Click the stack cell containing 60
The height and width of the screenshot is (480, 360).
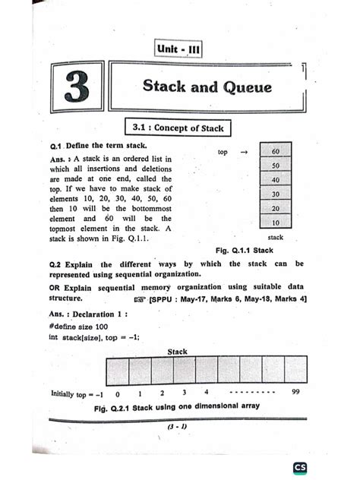pyautogui.click(x=275, y=151)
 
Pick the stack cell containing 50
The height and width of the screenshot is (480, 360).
pyautogui.click(x=275, y=166)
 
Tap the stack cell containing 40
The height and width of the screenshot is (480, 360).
pyautogui.click(x=275, y=180)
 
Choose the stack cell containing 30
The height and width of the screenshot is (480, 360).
pyautogui.click(x=275, y=194)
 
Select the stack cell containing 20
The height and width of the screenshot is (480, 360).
pyautogui.click(x=275, y=209)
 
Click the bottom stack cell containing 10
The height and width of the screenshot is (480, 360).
pyautogui.click(x=275, y=223)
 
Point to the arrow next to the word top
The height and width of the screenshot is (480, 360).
pyautogui.click(x=244, y=152)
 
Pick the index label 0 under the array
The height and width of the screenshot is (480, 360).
pyautogui.click(x=118, y=395)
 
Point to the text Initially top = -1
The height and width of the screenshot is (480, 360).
pyautogui.click(x=77, y=395)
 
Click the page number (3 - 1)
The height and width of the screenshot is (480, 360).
pyautogui.click(x=178, y=427)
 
